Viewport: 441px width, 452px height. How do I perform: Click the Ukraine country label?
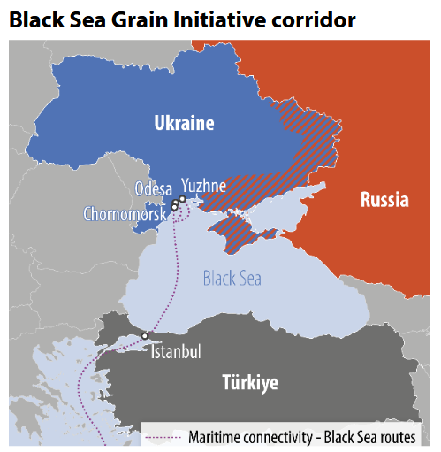(184, 123)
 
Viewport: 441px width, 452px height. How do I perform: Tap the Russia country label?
(384, 200)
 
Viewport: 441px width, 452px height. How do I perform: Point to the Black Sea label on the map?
(232, 279)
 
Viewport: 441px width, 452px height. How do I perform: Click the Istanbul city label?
(176, 351)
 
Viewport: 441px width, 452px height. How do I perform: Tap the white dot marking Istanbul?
(145, 336)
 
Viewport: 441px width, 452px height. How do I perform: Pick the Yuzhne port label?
(203, 186)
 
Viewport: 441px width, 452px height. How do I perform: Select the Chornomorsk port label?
(125, 214)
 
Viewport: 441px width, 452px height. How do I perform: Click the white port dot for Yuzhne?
(183, 198)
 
